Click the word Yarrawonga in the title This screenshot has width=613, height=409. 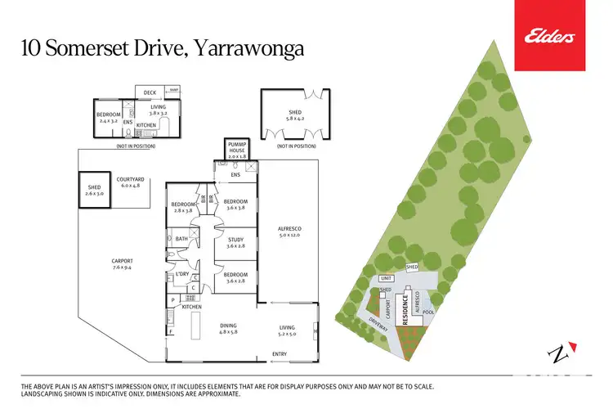coord(248,48)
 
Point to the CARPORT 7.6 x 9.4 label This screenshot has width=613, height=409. coord(121,263)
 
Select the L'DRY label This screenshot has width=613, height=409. coord(182,273)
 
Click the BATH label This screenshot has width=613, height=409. coord(181,239)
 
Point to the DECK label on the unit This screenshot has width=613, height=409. coord(150,92)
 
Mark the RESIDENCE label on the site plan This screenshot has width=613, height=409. coord(404,309)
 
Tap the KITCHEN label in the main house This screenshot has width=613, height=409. coord(191,307)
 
